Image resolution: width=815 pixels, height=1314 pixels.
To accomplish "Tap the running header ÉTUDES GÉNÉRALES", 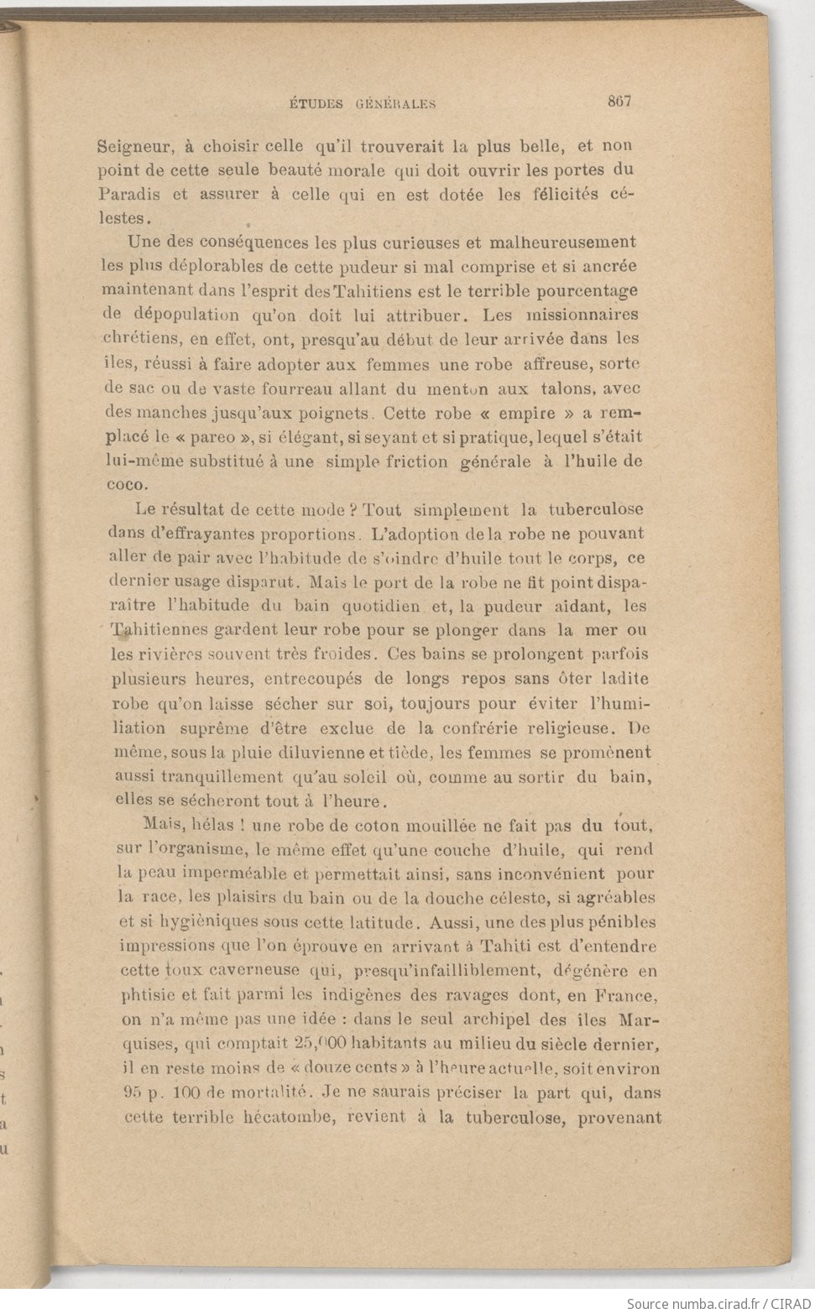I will (x=363, y=105).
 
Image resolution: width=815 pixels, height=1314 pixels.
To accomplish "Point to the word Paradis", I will (x=129, y=195).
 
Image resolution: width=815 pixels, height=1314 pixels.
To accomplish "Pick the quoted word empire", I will (x=527, y=413).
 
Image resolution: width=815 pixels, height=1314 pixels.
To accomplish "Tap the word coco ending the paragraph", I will (x=126, y=485).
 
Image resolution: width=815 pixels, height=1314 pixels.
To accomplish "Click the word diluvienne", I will (x=289, y=753).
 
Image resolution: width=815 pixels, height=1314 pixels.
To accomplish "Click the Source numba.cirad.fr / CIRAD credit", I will (x=718, y=1303).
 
